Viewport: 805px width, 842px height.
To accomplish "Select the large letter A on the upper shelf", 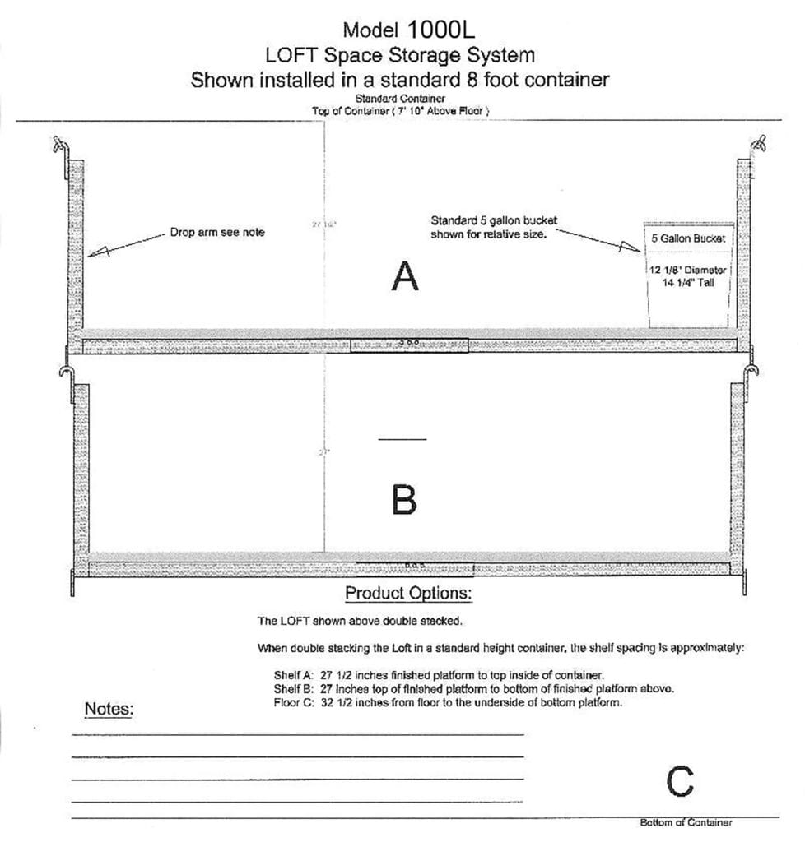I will pos(404,278).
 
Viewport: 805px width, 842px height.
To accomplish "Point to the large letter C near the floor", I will pos(680,782).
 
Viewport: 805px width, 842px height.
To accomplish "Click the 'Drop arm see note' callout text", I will pos(217,233).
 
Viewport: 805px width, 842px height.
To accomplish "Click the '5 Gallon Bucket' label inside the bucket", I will pos(688,238).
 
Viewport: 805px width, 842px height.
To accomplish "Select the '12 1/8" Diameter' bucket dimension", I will pos(687,270).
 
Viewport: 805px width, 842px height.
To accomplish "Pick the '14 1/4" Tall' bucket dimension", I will pos(688,282).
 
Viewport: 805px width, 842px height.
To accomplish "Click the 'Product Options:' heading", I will pos(408,593).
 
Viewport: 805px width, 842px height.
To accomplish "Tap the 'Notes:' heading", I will pos(109,709).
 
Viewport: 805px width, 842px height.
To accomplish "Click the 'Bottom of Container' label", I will pos(686,822).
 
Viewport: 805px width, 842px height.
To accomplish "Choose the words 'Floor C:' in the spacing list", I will pos(292,703).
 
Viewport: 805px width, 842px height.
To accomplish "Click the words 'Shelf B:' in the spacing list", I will pos(292,689).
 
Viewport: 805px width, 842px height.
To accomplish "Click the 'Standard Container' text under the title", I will pos(401,99).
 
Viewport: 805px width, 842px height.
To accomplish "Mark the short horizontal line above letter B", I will pos(402,439).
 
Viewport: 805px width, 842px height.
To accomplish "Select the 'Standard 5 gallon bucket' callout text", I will pos(494,221).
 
